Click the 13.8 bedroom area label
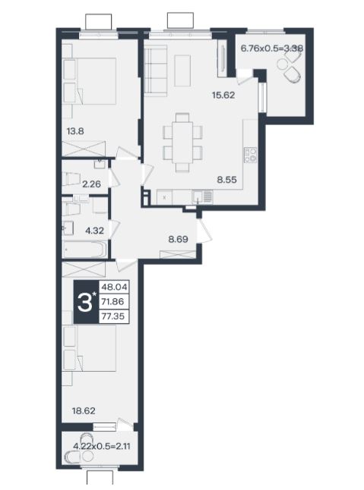click(75, 130)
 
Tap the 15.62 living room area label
click(223, 95)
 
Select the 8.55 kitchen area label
click(227, 179)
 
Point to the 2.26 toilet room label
click(91, 184)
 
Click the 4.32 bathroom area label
click(94, 231)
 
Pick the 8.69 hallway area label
click(178, 240)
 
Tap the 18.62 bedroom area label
click(84, 410)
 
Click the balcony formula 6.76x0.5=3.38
click(271, 49)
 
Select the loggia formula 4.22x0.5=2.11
click(101, 446)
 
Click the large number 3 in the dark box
click(84, 303)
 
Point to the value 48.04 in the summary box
click(113, 287)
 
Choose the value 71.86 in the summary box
click(113, 302)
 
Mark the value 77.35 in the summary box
click(113, 316)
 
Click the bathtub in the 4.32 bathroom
click(84, 250)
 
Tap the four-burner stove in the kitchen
click(251, 155)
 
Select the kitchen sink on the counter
click(197, 197)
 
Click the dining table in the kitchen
click(182, 142)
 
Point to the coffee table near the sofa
click(182, 71)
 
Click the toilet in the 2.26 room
click(71, 179)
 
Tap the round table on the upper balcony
click(282, 64)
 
